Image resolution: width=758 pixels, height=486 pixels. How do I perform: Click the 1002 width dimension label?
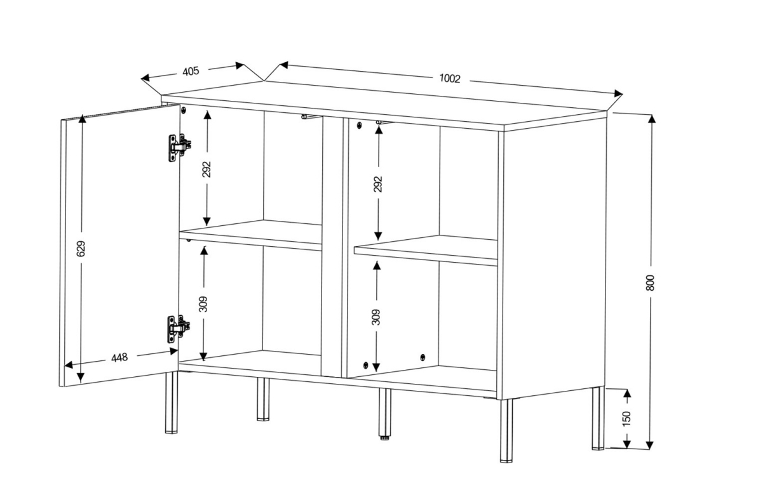(450, 77)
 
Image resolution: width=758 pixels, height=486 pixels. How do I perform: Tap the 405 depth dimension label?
(191, 71)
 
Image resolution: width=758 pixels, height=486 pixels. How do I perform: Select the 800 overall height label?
(650, 282)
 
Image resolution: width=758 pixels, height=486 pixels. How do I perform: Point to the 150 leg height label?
(626, 419)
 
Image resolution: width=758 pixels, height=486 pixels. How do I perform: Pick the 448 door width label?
(119, 358)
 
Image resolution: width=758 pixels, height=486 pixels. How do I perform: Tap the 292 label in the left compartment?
(207, 169)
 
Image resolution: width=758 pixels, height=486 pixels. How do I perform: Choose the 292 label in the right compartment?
(378, 184)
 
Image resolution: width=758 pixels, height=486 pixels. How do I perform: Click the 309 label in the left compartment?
(203, 303)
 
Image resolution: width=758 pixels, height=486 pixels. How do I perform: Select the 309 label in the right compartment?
(377, 317)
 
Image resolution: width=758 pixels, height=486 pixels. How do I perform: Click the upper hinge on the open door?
(179, 147)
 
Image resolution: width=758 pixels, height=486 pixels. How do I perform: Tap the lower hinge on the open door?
(179, 329)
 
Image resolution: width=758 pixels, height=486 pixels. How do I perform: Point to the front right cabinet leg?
(506, 430)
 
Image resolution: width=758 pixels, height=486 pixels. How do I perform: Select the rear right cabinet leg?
(598, 418)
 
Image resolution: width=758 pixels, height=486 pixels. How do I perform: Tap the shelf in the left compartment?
(250, 235)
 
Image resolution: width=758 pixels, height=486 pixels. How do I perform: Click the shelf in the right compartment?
(426, 251)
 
